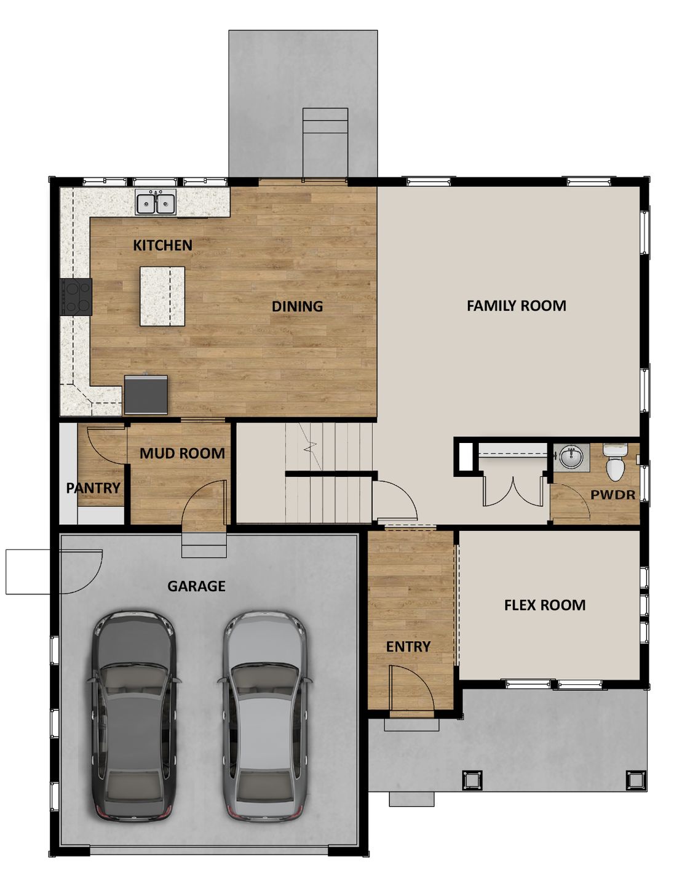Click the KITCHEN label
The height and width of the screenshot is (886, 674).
pos(162,245)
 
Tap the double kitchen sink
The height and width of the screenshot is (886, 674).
pos(156,202)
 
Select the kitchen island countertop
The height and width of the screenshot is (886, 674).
pos(162,296)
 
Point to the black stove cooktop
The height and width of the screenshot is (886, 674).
pos(76,297)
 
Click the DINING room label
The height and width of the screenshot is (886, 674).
pos(297,306)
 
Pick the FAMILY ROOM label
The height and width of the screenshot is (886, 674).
pos(516,305)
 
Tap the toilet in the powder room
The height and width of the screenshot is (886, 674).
pos(615,463)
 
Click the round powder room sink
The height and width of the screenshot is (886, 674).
pos(571,456)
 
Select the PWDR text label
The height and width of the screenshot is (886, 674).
pos(613,495)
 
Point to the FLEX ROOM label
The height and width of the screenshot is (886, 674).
pos(544,605)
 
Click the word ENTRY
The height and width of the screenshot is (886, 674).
pos(408,646)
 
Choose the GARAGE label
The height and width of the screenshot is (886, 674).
pos(196,586)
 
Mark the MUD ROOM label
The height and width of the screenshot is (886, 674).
pos(182,453)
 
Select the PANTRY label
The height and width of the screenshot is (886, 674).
pos(93,488)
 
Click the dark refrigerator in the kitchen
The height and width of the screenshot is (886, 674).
pos(146,394)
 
